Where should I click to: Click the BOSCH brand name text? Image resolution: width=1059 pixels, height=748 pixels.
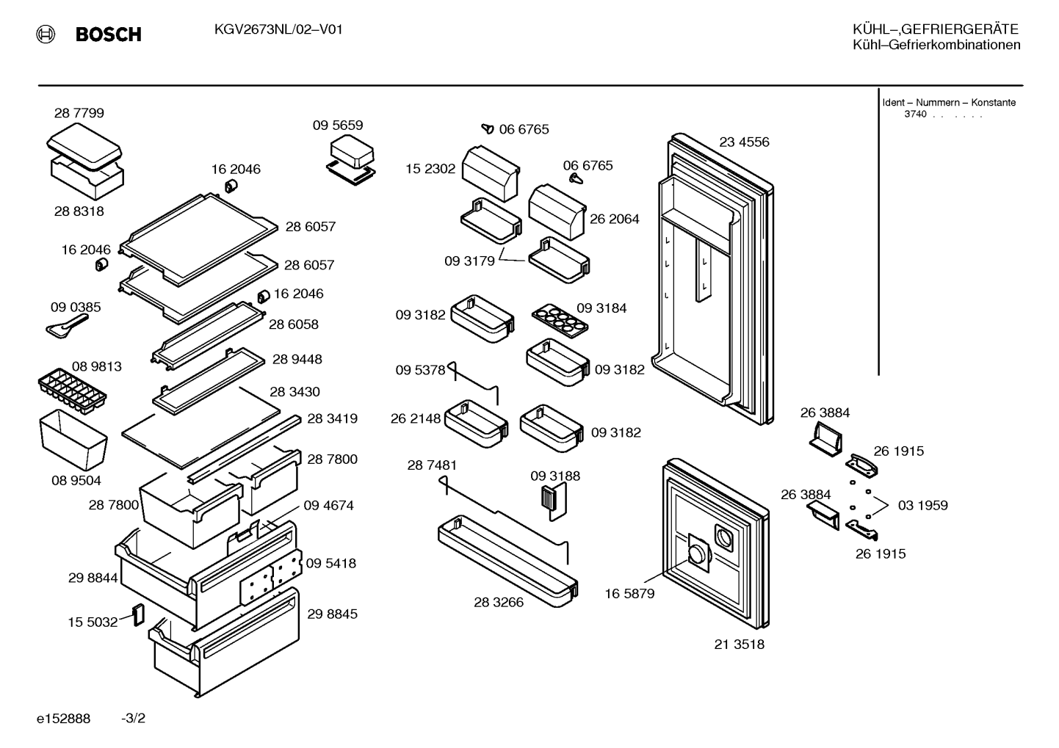point(108,35)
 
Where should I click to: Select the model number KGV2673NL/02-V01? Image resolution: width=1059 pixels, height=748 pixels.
point(278,29)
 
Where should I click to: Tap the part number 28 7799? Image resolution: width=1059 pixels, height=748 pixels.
point(79,113)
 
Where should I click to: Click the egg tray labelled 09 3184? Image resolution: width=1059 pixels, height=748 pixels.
point(560,321)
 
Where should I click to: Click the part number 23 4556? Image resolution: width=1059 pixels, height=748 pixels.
point(744,142)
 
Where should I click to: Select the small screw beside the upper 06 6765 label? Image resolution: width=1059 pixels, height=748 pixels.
point(488,128)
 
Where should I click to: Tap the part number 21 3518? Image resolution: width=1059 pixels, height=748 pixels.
point(739,644)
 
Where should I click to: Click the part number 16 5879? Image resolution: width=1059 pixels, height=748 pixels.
point(629,594)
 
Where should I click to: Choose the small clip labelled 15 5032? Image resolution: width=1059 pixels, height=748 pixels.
point(139,614)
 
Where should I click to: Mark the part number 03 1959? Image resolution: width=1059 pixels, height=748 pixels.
point(923,505)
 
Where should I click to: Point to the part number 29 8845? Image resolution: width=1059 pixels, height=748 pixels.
point(333,614)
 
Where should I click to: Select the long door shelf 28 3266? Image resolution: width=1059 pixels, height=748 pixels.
point(507,561)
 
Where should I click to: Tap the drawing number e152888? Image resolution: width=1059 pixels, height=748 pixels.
point(63,719)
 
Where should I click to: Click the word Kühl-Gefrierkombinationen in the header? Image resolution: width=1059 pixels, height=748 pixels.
point(936,45)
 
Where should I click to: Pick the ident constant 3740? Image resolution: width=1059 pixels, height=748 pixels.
point(915,114)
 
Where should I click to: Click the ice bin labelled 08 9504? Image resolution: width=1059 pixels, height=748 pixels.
point(73,440)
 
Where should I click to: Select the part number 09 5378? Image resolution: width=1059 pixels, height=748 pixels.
point(420,369)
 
